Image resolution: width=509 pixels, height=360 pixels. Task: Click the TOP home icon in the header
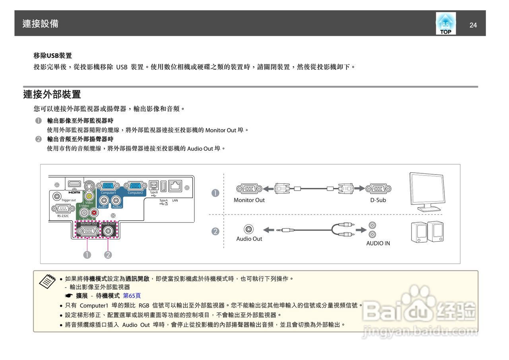445,23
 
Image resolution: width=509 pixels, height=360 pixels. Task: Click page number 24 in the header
473,25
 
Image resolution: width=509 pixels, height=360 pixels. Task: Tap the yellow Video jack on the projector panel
89,196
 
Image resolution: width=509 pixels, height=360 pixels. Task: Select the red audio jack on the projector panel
94,213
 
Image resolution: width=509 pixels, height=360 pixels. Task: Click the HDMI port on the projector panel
74,185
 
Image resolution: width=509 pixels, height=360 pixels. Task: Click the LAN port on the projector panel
175,185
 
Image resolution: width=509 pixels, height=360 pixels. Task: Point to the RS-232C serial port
61,208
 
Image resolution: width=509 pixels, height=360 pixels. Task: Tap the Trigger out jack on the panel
58,196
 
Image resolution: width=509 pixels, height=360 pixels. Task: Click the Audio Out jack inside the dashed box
108,231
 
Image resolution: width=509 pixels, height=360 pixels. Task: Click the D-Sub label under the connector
378,200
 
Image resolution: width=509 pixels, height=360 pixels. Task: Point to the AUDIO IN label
378,243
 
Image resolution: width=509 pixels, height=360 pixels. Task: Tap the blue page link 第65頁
132,296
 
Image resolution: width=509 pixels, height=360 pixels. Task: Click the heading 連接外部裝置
52,95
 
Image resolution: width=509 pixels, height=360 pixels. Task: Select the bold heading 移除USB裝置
52,55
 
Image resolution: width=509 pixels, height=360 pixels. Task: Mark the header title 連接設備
40,23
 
